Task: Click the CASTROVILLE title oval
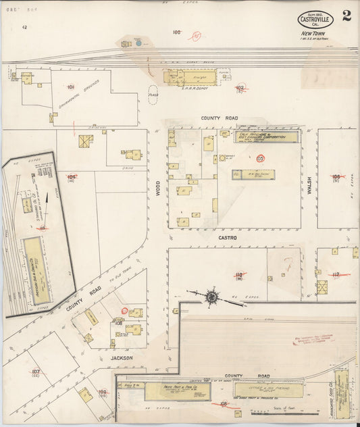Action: tap(315, 20)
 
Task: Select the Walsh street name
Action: tap(309, 184)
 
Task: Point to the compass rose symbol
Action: tap(212, 296)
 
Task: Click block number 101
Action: tap(70, 87)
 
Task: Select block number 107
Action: tap(36, 371)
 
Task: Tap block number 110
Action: tap(238, 274)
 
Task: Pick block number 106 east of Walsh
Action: tap(336, 176)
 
